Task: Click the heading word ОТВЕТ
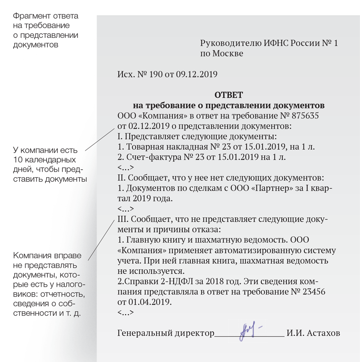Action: click(x=228, y=95)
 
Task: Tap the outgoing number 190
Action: click(x=154, y=74)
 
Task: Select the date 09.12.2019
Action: click(x=197, y=74)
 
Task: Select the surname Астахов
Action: click(x=323, y=333)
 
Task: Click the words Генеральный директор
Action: click(x=166, y=333)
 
